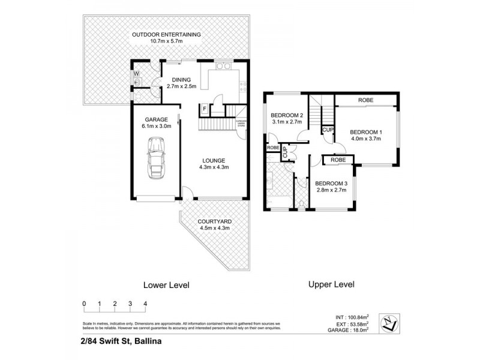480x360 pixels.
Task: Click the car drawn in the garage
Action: pyautogui.click(x=157, y=158)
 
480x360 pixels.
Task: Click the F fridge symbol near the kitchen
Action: pyautogui.click(x=205, y=109)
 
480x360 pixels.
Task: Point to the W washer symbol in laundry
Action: pyautogui.click(x=136, y=74)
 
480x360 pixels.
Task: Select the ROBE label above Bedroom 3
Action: pyautogui.click(x=337, y=160)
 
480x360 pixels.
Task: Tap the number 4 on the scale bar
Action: pyautogui.click(x=145, y=304)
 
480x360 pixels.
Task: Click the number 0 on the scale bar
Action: pyautogui.click(x=85, y=304)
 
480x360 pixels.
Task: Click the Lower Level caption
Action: pyautogui.click(x=166, y=285)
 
